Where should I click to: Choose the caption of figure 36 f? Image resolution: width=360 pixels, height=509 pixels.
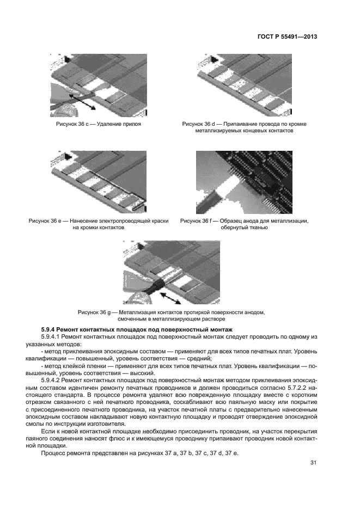point(244,224)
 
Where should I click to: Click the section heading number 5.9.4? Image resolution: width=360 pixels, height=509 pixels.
point(50,330)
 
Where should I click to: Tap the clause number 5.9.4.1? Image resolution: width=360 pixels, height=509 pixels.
point(54,338)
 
